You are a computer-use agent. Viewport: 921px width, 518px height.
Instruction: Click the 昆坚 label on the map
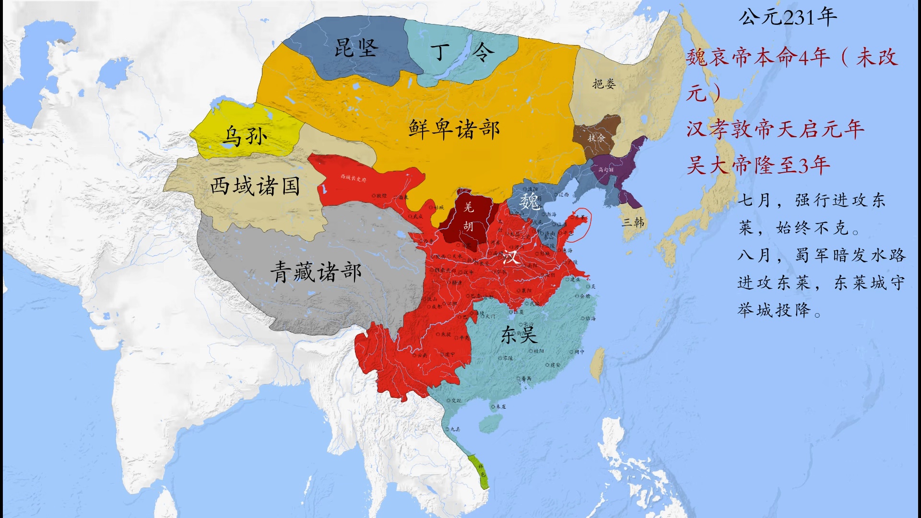[x=356, y=48]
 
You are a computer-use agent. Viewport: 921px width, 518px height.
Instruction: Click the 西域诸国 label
[x=255, y=186]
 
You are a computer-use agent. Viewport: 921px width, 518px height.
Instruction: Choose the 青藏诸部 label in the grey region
[x=316, y=272]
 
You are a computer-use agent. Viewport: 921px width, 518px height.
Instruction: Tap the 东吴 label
[x=519, y=335]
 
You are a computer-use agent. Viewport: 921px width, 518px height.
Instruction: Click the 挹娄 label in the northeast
[x=604, y=84]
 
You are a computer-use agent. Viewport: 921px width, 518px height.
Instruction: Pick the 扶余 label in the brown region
[x=596, y=138]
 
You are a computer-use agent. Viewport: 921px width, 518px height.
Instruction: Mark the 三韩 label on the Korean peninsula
[x=633, y=222]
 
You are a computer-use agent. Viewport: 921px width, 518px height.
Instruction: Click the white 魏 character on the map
[x=530, y=202]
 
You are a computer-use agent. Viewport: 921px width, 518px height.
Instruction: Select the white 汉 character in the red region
[x=510, y=257]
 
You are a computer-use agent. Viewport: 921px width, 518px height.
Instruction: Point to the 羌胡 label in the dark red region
[x=468, y=216]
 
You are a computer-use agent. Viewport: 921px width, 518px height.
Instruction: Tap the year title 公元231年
[x=787, y=17]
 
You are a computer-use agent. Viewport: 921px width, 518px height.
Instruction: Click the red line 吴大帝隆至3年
[x=758, y=165]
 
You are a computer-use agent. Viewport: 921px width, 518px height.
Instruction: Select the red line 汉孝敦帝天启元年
[x=775, y=129]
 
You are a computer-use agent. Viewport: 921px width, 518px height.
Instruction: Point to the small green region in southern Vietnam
[x=483, y=472]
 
